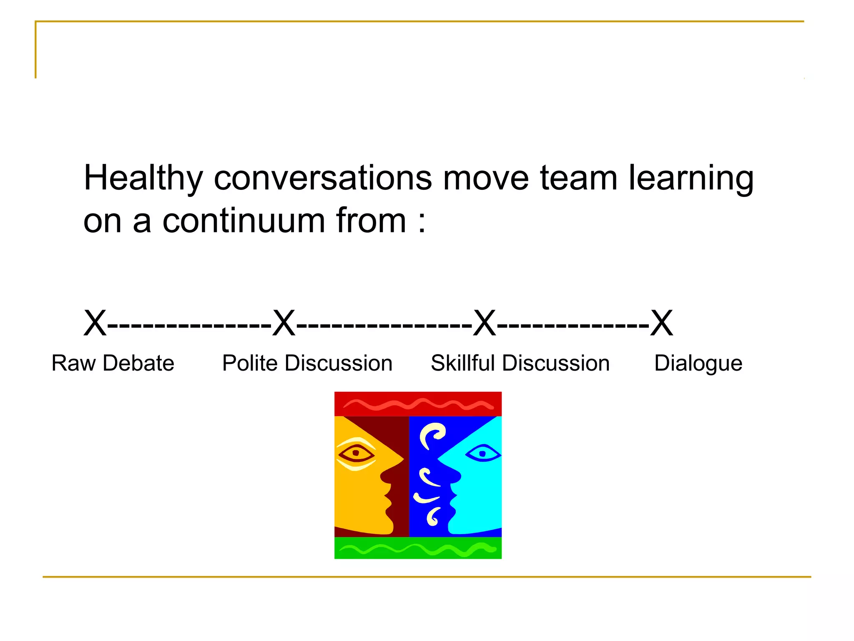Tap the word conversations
click(x=323, y=178)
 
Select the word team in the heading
click(x=578, y=178)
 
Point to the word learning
click(x=691, y=179)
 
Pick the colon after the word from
click(x=422, y=222)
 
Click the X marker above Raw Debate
click(x=95, y=323)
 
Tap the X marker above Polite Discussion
click(x=284, y=323)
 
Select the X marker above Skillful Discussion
click(x=485, y=323)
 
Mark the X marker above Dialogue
click(x=662, y=323)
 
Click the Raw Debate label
click(x=113, y=363)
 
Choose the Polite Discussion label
click(x=307, y=363)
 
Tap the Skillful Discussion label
click(x=520, y=363)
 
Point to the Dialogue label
click(x=698, y=363)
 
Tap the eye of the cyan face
click(x=482, y=454)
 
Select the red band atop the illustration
click(x=418, y=404)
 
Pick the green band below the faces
click(x=418, y=548)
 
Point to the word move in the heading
click(x=486, y=178)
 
